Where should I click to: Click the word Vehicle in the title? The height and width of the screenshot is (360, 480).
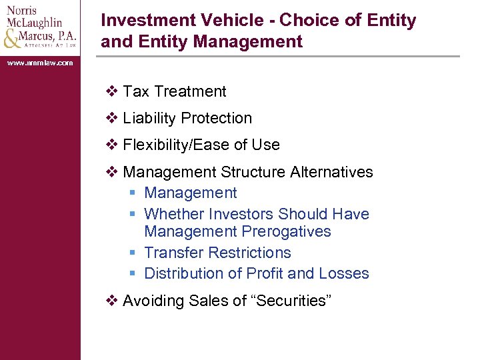243,20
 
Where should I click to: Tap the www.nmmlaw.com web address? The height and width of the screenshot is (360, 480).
40,63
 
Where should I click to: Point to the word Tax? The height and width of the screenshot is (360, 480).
136,91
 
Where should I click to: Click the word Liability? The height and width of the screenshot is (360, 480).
150,118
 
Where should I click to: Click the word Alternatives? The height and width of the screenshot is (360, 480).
331,172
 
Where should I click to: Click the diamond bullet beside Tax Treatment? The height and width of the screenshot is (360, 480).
111,91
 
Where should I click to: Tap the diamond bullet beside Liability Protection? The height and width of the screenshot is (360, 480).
111,118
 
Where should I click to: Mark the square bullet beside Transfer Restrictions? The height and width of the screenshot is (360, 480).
133,253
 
